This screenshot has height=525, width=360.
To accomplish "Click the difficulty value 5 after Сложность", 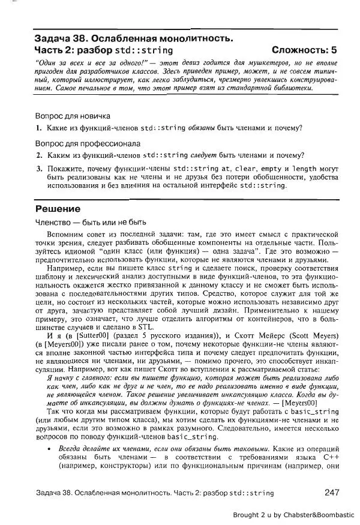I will point(334,50).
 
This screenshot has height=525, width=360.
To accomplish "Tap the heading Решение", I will point(58,209).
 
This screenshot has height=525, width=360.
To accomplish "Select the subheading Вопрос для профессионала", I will point(88,144).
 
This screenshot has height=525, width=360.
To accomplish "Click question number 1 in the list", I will point(38,128).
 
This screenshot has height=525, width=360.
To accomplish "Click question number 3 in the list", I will point(38,169).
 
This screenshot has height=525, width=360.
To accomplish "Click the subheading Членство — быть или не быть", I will point(91,222).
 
